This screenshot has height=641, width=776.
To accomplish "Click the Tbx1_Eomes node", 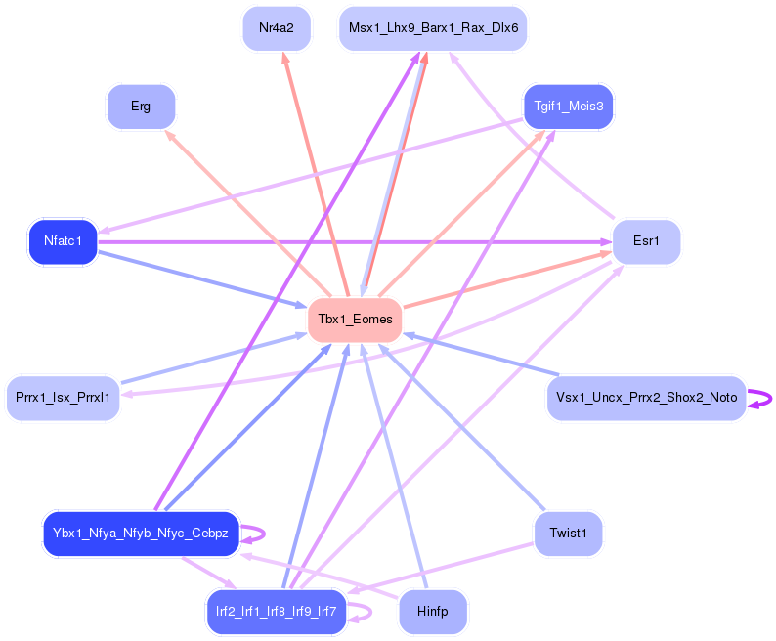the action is tap(355, 320).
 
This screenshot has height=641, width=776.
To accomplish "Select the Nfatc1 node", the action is tap(63, 241).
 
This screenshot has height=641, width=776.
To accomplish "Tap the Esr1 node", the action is tap(646, 241).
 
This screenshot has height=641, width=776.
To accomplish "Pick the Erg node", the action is tap(141, 107).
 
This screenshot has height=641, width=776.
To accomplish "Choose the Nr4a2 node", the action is tap(277, 28).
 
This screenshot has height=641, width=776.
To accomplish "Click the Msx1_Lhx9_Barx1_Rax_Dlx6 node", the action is tap(433, 28).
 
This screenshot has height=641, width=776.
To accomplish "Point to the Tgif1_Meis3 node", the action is tap(569, 107).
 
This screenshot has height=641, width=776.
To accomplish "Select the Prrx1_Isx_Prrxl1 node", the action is tap(63, 398).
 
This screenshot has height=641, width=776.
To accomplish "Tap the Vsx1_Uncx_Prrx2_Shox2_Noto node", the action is tap(646, 398).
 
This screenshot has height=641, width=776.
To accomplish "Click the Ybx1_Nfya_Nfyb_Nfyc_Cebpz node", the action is tap(141, 534).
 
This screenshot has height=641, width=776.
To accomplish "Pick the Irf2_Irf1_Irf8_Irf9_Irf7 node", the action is tap(277, 612).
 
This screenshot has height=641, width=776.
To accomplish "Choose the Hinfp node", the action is tap(433, 612).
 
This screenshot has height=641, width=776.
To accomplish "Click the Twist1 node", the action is tap(569, 534).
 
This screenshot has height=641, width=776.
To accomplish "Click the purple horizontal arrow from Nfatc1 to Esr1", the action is tap(355, 242).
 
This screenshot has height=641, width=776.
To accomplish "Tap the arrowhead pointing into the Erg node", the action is tap(170, 135).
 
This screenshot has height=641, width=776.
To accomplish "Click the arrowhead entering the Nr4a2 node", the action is tap(285, 58).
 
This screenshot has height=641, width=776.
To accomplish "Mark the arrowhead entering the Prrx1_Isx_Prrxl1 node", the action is tap(126, 394).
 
